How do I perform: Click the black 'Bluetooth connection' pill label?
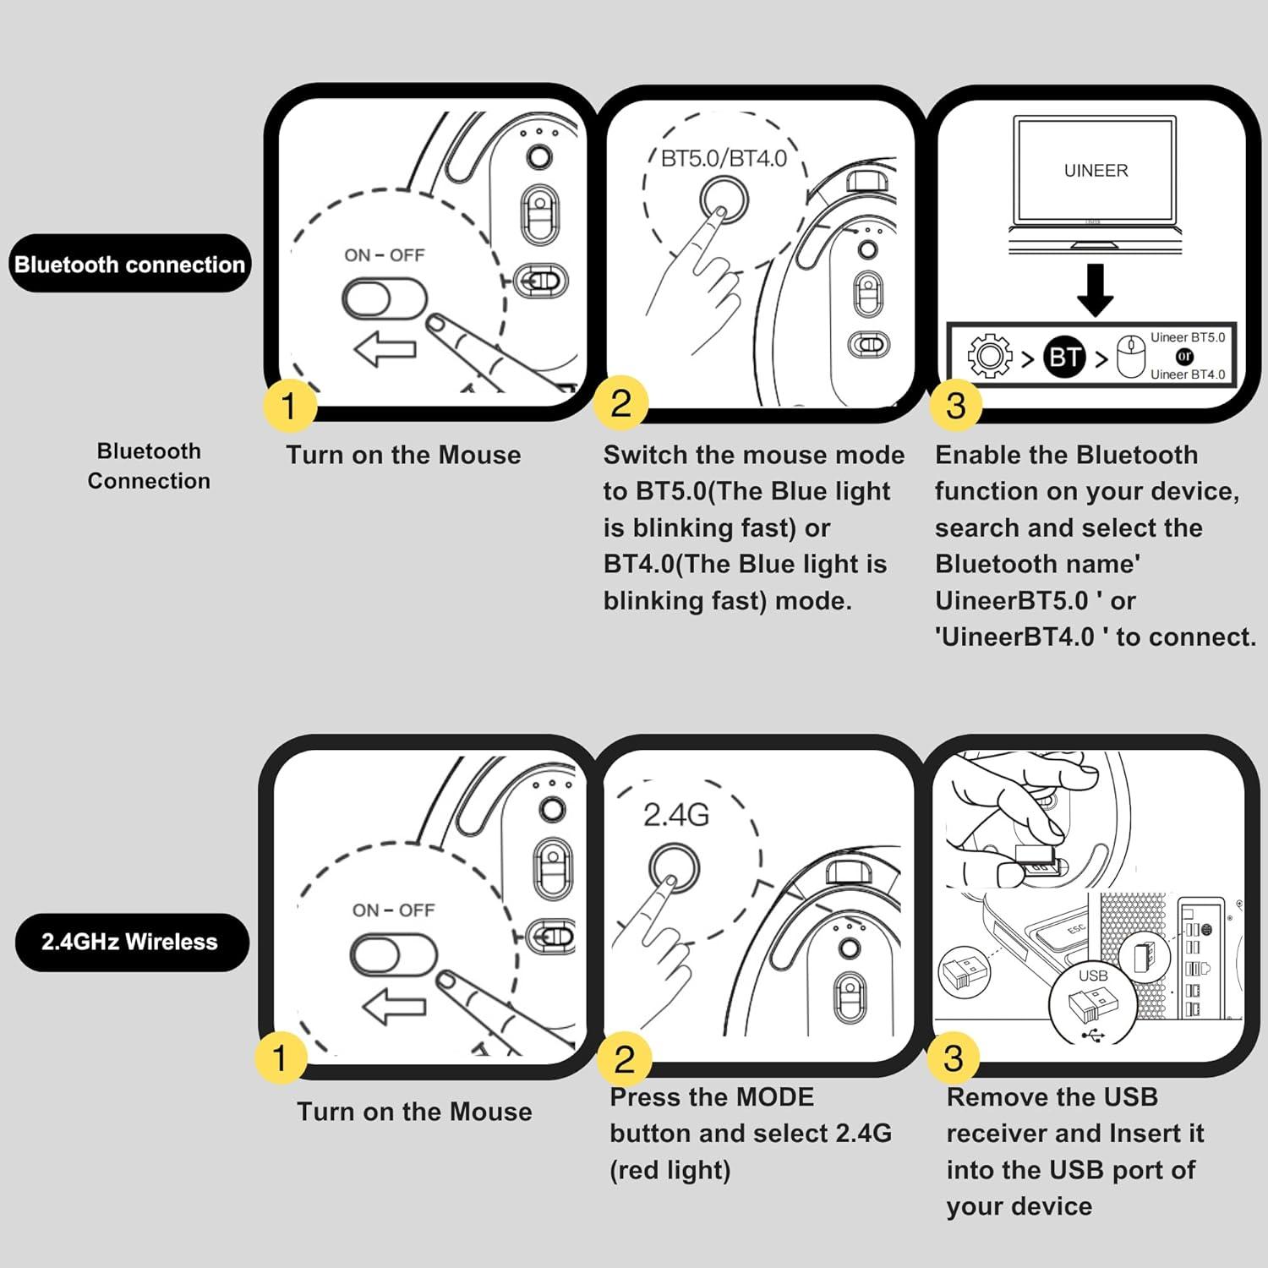[x=129, y=265]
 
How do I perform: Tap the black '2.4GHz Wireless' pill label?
[x=130, y=942]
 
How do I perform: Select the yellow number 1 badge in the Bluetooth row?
[x=289, y=406]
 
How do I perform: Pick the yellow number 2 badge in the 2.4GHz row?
[x=624, y=1059]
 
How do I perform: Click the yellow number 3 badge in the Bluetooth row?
[x=955, y=406]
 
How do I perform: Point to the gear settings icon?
[x=989, y=356]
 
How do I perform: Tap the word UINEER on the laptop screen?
[x=1096, y=171]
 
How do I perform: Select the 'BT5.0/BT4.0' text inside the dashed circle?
[x=724, y=159]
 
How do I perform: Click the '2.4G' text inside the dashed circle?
[x=675, y=815]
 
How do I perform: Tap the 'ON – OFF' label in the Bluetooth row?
[x=384, y=255]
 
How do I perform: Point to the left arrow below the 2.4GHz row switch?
[x=393, y=1006]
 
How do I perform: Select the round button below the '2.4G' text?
[x=674, y=868]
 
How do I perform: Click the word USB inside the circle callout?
[x=1092, y=976]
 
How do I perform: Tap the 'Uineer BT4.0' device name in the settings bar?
[x=1187, y=374]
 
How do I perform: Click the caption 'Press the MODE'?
[x=712, y=1097]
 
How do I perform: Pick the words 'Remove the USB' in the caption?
[x=1052, y=1097]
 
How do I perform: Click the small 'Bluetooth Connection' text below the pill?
[x=149, y=466]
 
